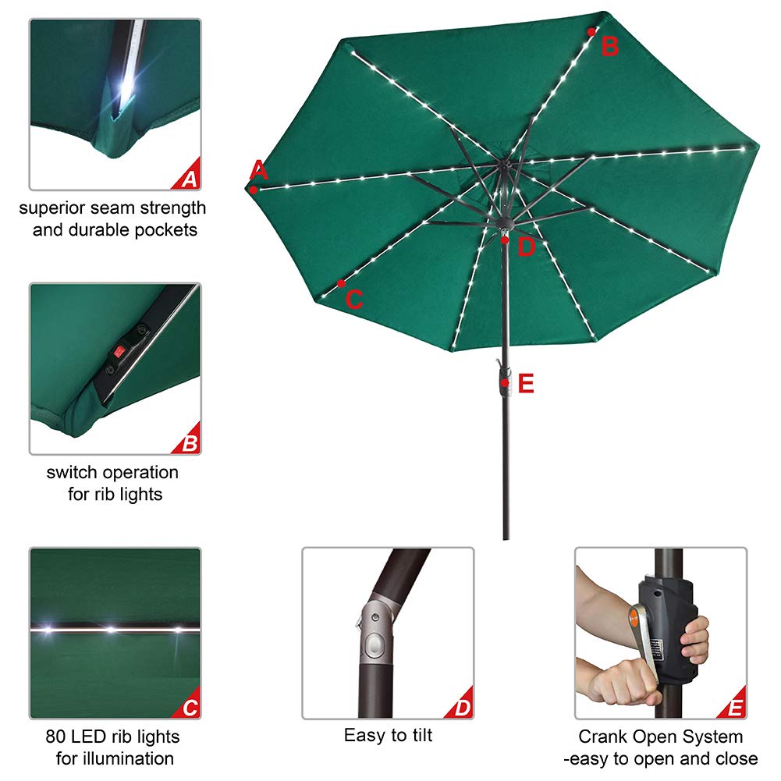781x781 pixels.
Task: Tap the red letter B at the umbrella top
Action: click(609, 46)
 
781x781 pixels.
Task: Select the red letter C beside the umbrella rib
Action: click(354, 300)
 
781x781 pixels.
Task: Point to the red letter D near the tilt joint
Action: click(527, 247)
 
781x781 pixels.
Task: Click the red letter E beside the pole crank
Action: click(526, 384)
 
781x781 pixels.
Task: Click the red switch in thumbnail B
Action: click(120, 350)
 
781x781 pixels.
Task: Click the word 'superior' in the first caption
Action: click(51, 208)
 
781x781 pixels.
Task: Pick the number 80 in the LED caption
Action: click(54, 737)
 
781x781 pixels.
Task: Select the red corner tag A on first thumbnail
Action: click(188, 179)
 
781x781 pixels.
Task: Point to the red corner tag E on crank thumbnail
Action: click(734, 708)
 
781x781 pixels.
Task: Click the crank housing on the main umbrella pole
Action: click(505, 382)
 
